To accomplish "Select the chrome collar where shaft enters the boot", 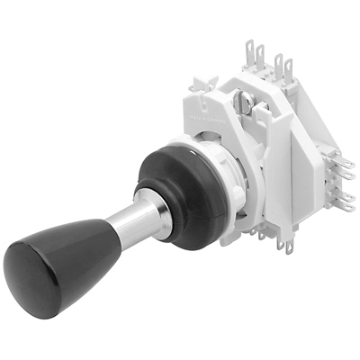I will pos(160,213).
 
